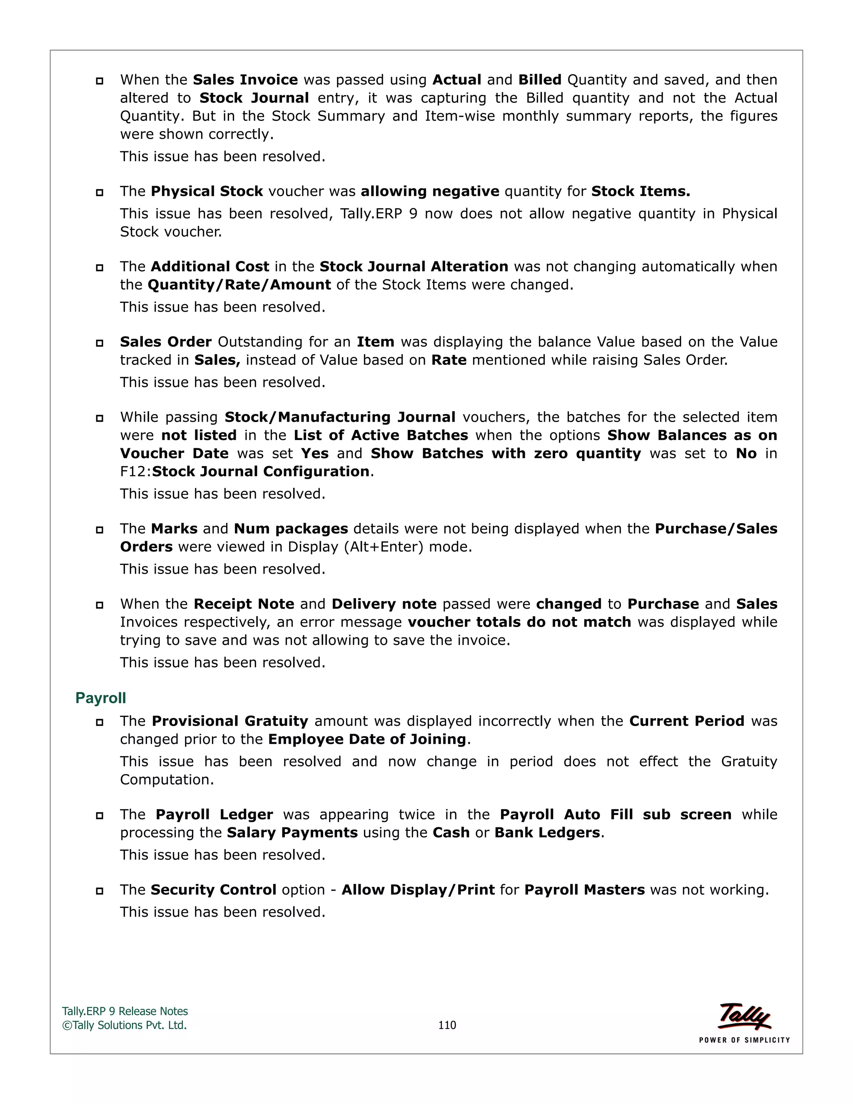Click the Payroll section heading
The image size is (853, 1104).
click(100, 698)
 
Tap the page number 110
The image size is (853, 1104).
click(447, 1025)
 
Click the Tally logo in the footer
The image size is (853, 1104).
click(744, 1016)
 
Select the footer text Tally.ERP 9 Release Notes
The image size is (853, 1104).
click(125, 1011)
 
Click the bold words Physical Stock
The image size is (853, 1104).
click(207, 191)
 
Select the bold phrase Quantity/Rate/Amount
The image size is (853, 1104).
click(239, 285)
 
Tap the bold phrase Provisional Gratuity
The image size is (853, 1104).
click(230, 721)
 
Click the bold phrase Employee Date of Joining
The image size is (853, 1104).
click(367, 739)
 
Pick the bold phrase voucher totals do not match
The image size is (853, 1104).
click(519, 622)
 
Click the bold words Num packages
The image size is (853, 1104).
click(291, 529)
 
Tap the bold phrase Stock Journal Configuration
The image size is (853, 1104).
click(261, 472)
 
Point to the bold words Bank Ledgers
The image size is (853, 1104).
click(547, 832)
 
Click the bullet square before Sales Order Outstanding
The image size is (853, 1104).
click(100, 343)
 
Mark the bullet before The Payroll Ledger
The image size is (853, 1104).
click(100, 815)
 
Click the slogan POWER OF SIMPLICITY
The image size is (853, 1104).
click(744, 1040)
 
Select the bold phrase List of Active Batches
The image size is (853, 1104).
click(381, 435)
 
